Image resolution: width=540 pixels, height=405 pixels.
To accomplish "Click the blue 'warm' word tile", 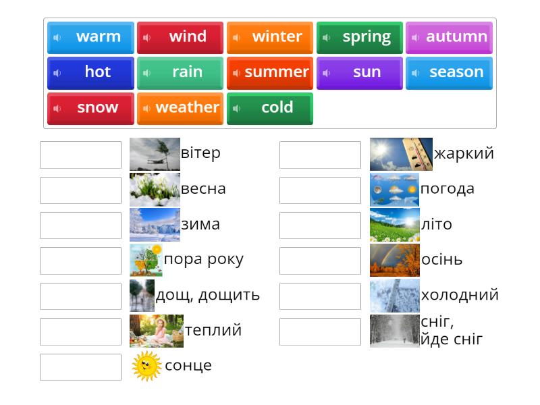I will click(90, 37).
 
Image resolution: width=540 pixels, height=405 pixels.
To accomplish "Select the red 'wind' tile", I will click(180, 37).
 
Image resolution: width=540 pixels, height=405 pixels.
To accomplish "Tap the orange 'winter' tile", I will click(270, 37).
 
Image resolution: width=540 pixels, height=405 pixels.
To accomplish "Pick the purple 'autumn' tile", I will click(449, 37).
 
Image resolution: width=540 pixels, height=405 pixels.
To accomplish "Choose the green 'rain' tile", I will click(180, 72).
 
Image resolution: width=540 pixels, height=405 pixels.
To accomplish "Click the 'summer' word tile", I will click(270, 72).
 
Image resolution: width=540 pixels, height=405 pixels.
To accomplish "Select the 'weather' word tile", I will click(180, 108).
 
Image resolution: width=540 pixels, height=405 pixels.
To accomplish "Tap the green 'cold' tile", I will click(270, 108).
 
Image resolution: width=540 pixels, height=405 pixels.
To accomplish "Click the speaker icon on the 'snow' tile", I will click(57, 108).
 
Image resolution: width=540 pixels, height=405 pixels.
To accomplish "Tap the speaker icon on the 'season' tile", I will click(416, 73).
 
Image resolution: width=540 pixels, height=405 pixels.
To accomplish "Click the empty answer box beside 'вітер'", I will click(80, 155).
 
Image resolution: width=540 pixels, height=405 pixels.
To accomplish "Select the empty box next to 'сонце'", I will click(80, 367).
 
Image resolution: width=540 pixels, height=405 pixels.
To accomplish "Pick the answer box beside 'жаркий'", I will click(320, 155).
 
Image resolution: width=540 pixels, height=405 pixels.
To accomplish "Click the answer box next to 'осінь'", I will click(320, 261).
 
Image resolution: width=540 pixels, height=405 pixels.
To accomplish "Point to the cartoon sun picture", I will click(146, 366).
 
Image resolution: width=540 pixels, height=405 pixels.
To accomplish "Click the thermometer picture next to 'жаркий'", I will click(401, 155).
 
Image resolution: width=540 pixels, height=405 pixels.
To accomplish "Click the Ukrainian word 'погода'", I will click(447, 189).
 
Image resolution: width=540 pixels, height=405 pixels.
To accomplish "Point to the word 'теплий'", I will click(213, 331).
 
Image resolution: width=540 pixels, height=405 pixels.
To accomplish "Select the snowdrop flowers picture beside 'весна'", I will click(155, 190).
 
